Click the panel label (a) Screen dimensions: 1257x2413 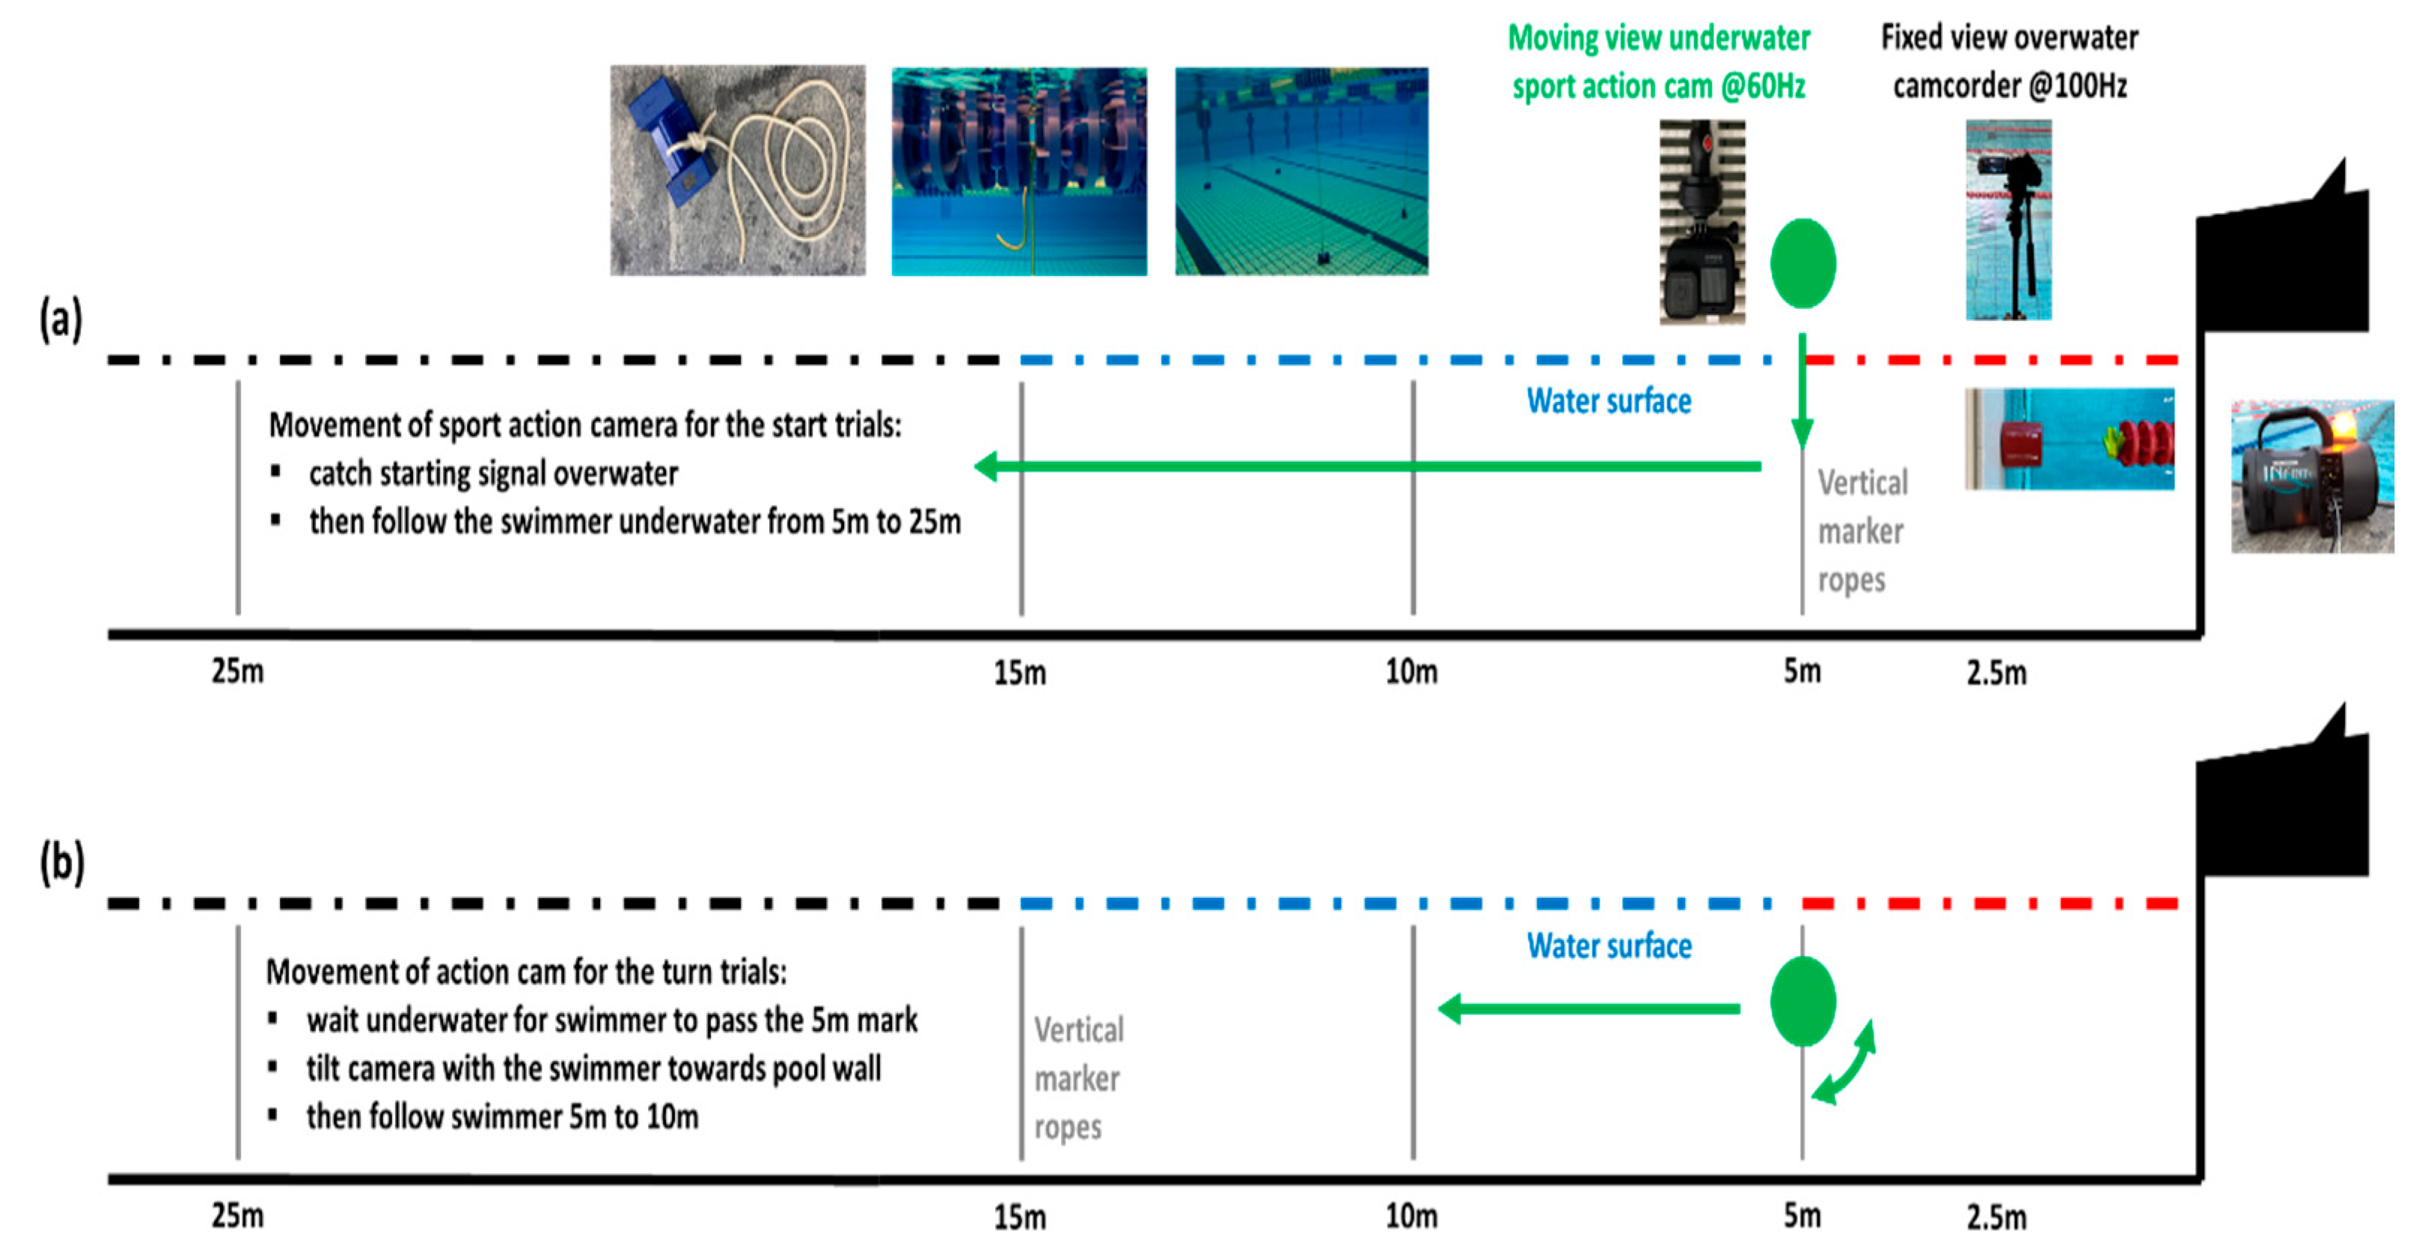pos(61,320)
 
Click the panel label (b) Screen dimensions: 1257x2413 pos(62,863)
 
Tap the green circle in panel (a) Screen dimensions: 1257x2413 pos(1802,263)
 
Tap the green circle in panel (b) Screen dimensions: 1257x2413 pos(1802,1000)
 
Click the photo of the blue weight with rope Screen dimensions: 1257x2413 pos(737,170)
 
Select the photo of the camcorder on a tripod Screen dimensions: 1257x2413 pos(2007,219)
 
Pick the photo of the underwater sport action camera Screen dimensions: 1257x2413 pos(1702,222)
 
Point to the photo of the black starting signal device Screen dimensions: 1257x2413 pos(2311,476)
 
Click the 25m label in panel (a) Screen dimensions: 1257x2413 pos(237,672)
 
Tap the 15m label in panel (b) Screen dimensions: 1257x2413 pos(1019,1217)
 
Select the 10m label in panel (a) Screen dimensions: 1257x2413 pos(1410,672)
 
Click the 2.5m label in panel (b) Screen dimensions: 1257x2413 pos(1995,1217)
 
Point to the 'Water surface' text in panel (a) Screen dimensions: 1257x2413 pos(1609,401)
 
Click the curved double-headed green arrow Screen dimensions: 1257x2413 pos(1844,1062)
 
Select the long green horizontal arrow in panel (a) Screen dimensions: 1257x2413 pos(1368,465)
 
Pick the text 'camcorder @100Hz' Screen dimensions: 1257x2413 pos(2009,86)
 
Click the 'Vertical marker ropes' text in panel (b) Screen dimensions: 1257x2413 pos(1077,1078)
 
